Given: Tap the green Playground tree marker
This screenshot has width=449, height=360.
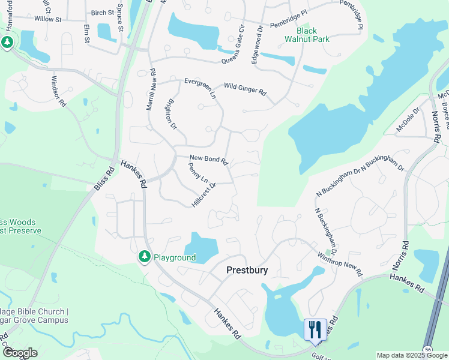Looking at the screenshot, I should click(x=144, y=257).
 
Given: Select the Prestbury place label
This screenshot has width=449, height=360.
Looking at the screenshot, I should click(x=247, y=270).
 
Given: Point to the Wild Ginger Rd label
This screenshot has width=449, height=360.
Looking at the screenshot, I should click(x=245, y=89).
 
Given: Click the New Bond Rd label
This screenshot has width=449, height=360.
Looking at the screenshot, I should click(x=209, y=160).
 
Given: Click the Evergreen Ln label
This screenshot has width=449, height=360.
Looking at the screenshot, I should click(x=200, y=87).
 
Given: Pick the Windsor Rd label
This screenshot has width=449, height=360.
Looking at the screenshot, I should click(x=58, y=91).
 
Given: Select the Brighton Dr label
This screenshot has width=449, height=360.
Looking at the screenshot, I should click(x=170, y=114).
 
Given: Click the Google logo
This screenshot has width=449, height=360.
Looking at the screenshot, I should click(x=20, y=353).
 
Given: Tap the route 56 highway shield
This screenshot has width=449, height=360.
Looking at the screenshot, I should click(x=427, y=349).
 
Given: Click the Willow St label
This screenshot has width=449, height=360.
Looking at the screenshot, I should click(x=48, y=20).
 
